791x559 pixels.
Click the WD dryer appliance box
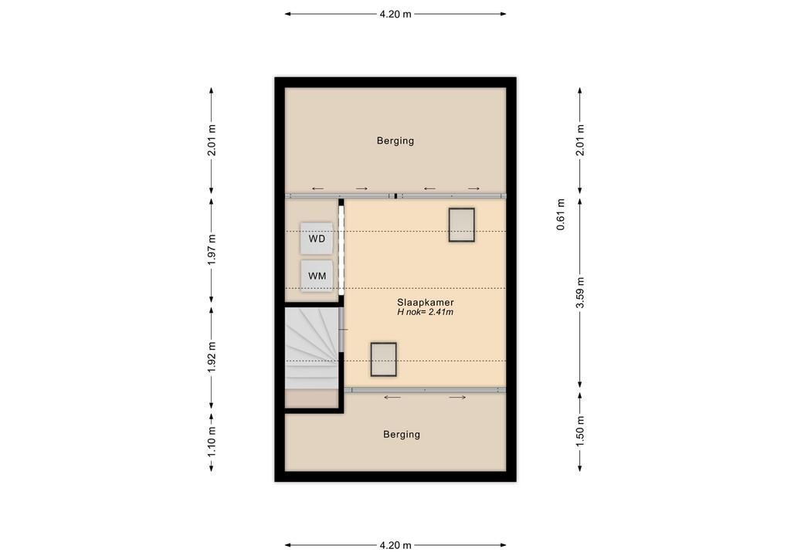point(317,239)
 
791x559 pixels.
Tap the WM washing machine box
point(317,276)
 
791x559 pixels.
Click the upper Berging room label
point(395,141)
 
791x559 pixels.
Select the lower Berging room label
point(402,435)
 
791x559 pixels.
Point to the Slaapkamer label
point(426,303)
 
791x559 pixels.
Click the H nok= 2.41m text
point(426,312)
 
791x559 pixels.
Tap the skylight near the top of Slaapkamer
point(462,225)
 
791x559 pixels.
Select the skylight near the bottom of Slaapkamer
point(383,359)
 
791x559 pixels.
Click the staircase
point(312,347)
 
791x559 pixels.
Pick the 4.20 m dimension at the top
point(395,14)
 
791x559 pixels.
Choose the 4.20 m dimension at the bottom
point(395,545)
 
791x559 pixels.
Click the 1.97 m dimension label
point(212,249)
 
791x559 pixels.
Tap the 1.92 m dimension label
point(212,357)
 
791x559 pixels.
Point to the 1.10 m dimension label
point(212,442)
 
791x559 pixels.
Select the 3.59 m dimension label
point(580,293)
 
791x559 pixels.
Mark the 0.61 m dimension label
point(561,215)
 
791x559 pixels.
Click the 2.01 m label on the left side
point(212,140)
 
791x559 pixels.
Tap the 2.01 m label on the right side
point(580,140)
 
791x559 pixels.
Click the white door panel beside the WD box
point(341,247)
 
